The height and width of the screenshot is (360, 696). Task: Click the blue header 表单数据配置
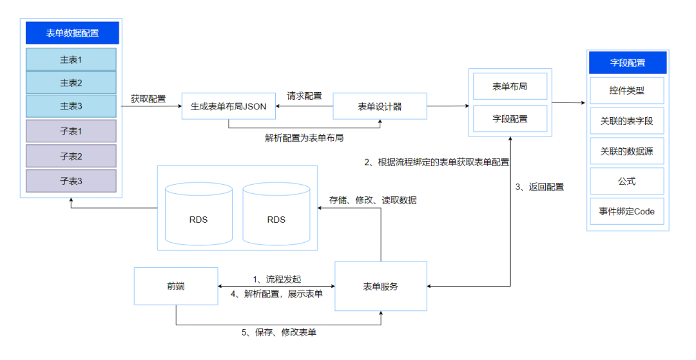[72, 33]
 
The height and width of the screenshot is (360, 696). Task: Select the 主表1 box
[71, 59]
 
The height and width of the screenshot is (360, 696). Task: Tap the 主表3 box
[71, 106]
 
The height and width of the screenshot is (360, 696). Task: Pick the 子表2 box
[71, 156]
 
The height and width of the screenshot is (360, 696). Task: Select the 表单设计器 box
[380, 106]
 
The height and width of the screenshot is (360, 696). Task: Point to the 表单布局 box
[510, 86]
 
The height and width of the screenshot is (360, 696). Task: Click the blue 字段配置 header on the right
[628, 62]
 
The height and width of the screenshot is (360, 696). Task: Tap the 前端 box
[175, 286]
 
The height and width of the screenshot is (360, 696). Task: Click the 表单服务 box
[380, 286]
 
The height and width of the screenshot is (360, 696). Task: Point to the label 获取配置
[148, 99]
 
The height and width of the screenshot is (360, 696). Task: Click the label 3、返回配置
[539, 187]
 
